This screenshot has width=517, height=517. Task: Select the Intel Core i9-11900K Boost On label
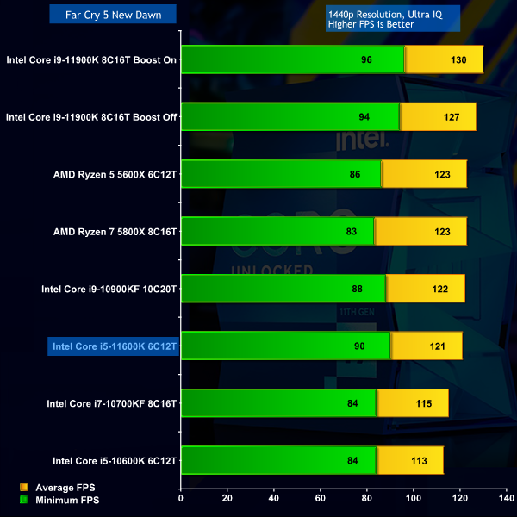[91, 60]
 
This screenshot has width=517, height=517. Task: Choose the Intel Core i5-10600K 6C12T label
[115, 461]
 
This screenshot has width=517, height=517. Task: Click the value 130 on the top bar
[458, 60]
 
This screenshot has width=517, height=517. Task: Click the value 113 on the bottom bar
[419, 461]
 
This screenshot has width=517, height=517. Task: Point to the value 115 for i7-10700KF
[423, 404]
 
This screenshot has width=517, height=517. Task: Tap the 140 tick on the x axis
[507, 498]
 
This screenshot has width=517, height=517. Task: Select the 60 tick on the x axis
[321, 498]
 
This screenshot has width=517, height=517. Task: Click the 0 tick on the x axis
[181, 498]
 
